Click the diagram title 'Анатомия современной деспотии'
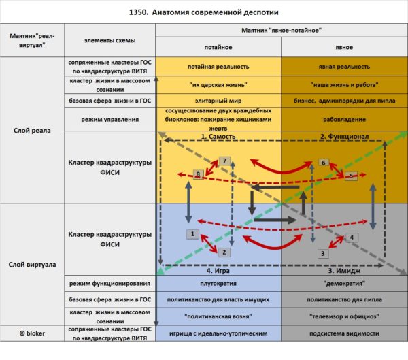click(x=215, y=12)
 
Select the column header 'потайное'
click(x=218, y=47)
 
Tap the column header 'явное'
click(x=344, y=47)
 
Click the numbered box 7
click(x=224, y=161)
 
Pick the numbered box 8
click(x=199, y=174)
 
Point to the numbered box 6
click(x=324, y=163)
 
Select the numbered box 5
click(x=351, y=176)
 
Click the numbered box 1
click(x=192, y=234)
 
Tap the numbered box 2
click(x=224, y=252)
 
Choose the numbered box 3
click(x=322, y=253)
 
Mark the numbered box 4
click(x=352, y=238)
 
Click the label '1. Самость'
click(x=218, y=137)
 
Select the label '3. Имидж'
click(x=344, y=271)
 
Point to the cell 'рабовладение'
click(x=344, y=120)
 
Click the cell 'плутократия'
click(x=218, y=283)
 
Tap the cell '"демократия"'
click(x=344, y=283)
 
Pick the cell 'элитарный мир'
click(x=218, y=101)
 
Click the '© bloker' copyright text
click(x=32, y=333)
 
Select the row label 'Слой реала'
click(x=32, y=131)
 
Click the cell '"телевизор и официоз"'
click(x=344, y=316)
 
